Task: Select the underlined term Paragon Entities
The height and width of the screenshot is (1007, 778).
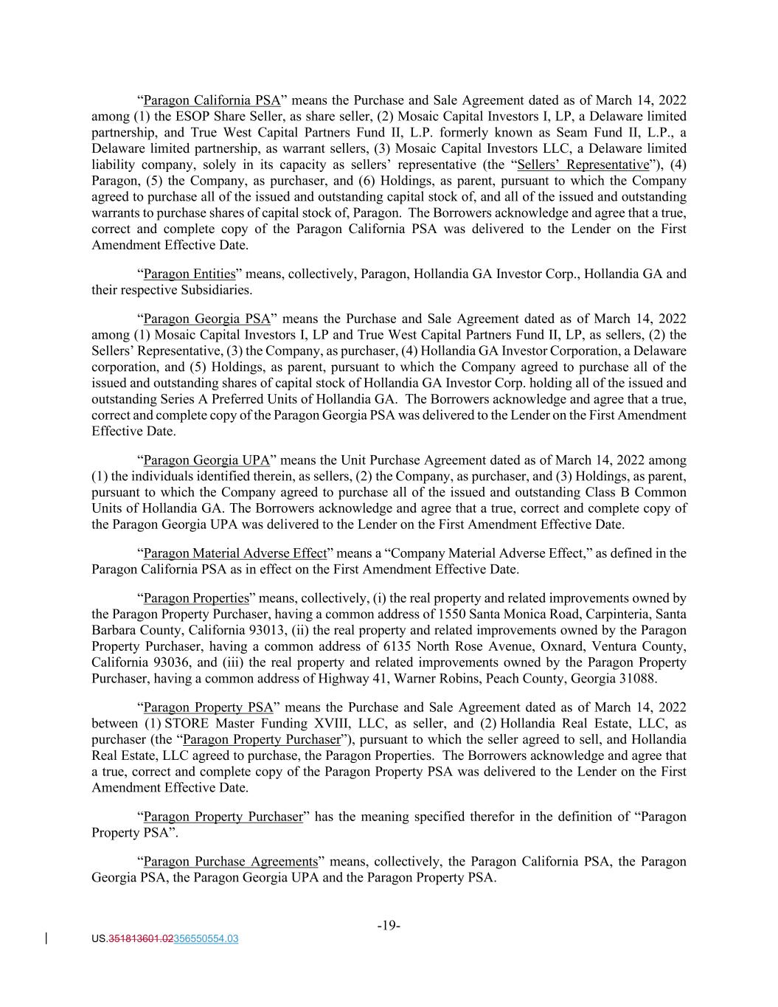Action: pos(189,274)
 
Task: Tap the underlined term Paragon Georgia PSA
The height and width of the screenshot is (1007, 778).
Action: pos(207,319)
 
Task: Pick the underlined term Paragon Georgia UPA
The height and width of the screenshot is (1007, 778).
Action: pos(206,460)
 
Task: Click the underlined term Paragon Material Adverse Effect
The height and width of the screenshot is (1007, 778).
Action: pos(235,553)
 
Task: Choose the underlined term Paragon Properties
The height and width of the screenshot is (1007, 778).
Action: pos(196,598)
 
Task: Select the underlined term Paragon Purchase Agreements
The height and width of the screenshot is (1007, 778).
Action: pos(230,862)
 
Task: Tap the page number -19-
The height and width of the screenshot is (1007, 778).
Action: pos(389,925)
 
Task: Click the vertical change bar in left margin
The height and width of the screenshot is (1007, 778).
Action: pos(48,939)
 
